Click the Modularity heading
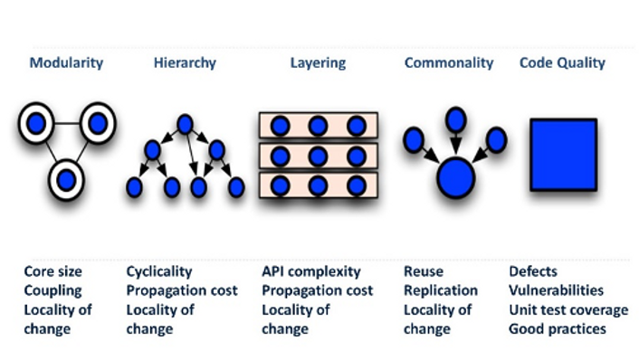[x=66, y=63]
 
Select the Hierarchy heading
[x=185, y=63]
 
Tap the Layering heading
[x=317, y=63]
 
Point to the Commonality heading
[x=449, y=63]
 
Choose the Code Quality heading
[x=562, y=63]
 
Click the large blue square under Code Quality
[x=562, y=153]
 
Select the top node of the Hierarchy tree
[x=185, y=123]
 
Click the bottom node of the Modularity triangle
[x=66, y=180]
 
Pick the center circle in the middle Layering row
[x=318, y=155]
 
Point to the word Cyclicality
[x=159, y=271]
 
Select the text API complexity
[x=311, y=271]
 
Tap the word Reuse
[x=424, y=271]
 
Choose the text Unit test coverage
[x=568, y=310]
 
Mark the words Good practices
[x=558, y=329]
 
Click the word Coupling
[x=52, y=290]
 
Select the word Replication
[x=441, y=290]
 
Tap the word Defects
[x=533, y=271]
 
